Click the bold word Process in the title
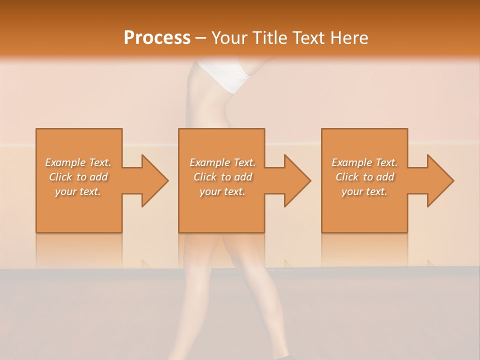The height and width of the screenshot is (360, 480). (157, 37)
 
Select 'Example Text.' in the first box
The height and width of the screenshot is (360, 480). (78, 162)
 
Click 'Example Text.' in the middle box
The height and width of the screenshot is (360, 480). (222, 162)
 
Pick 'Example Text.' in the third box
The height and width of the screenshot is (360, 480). (364, 162)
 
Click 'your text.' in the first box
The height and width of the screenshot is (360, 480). (78, 191)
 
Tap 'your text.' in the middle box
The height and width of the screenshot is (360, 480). (222, 191)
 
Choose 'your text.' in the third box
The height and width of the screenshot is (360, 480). (364, 191)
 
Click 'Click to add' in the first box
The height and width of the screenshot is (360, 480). (78, 177)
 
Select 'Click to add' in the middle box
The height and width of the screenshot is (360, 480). (222, 177)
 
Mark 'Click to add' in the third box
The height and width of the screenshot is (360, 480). (364, 177)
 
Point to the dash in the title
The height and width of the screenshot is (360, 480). (201, 38)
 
